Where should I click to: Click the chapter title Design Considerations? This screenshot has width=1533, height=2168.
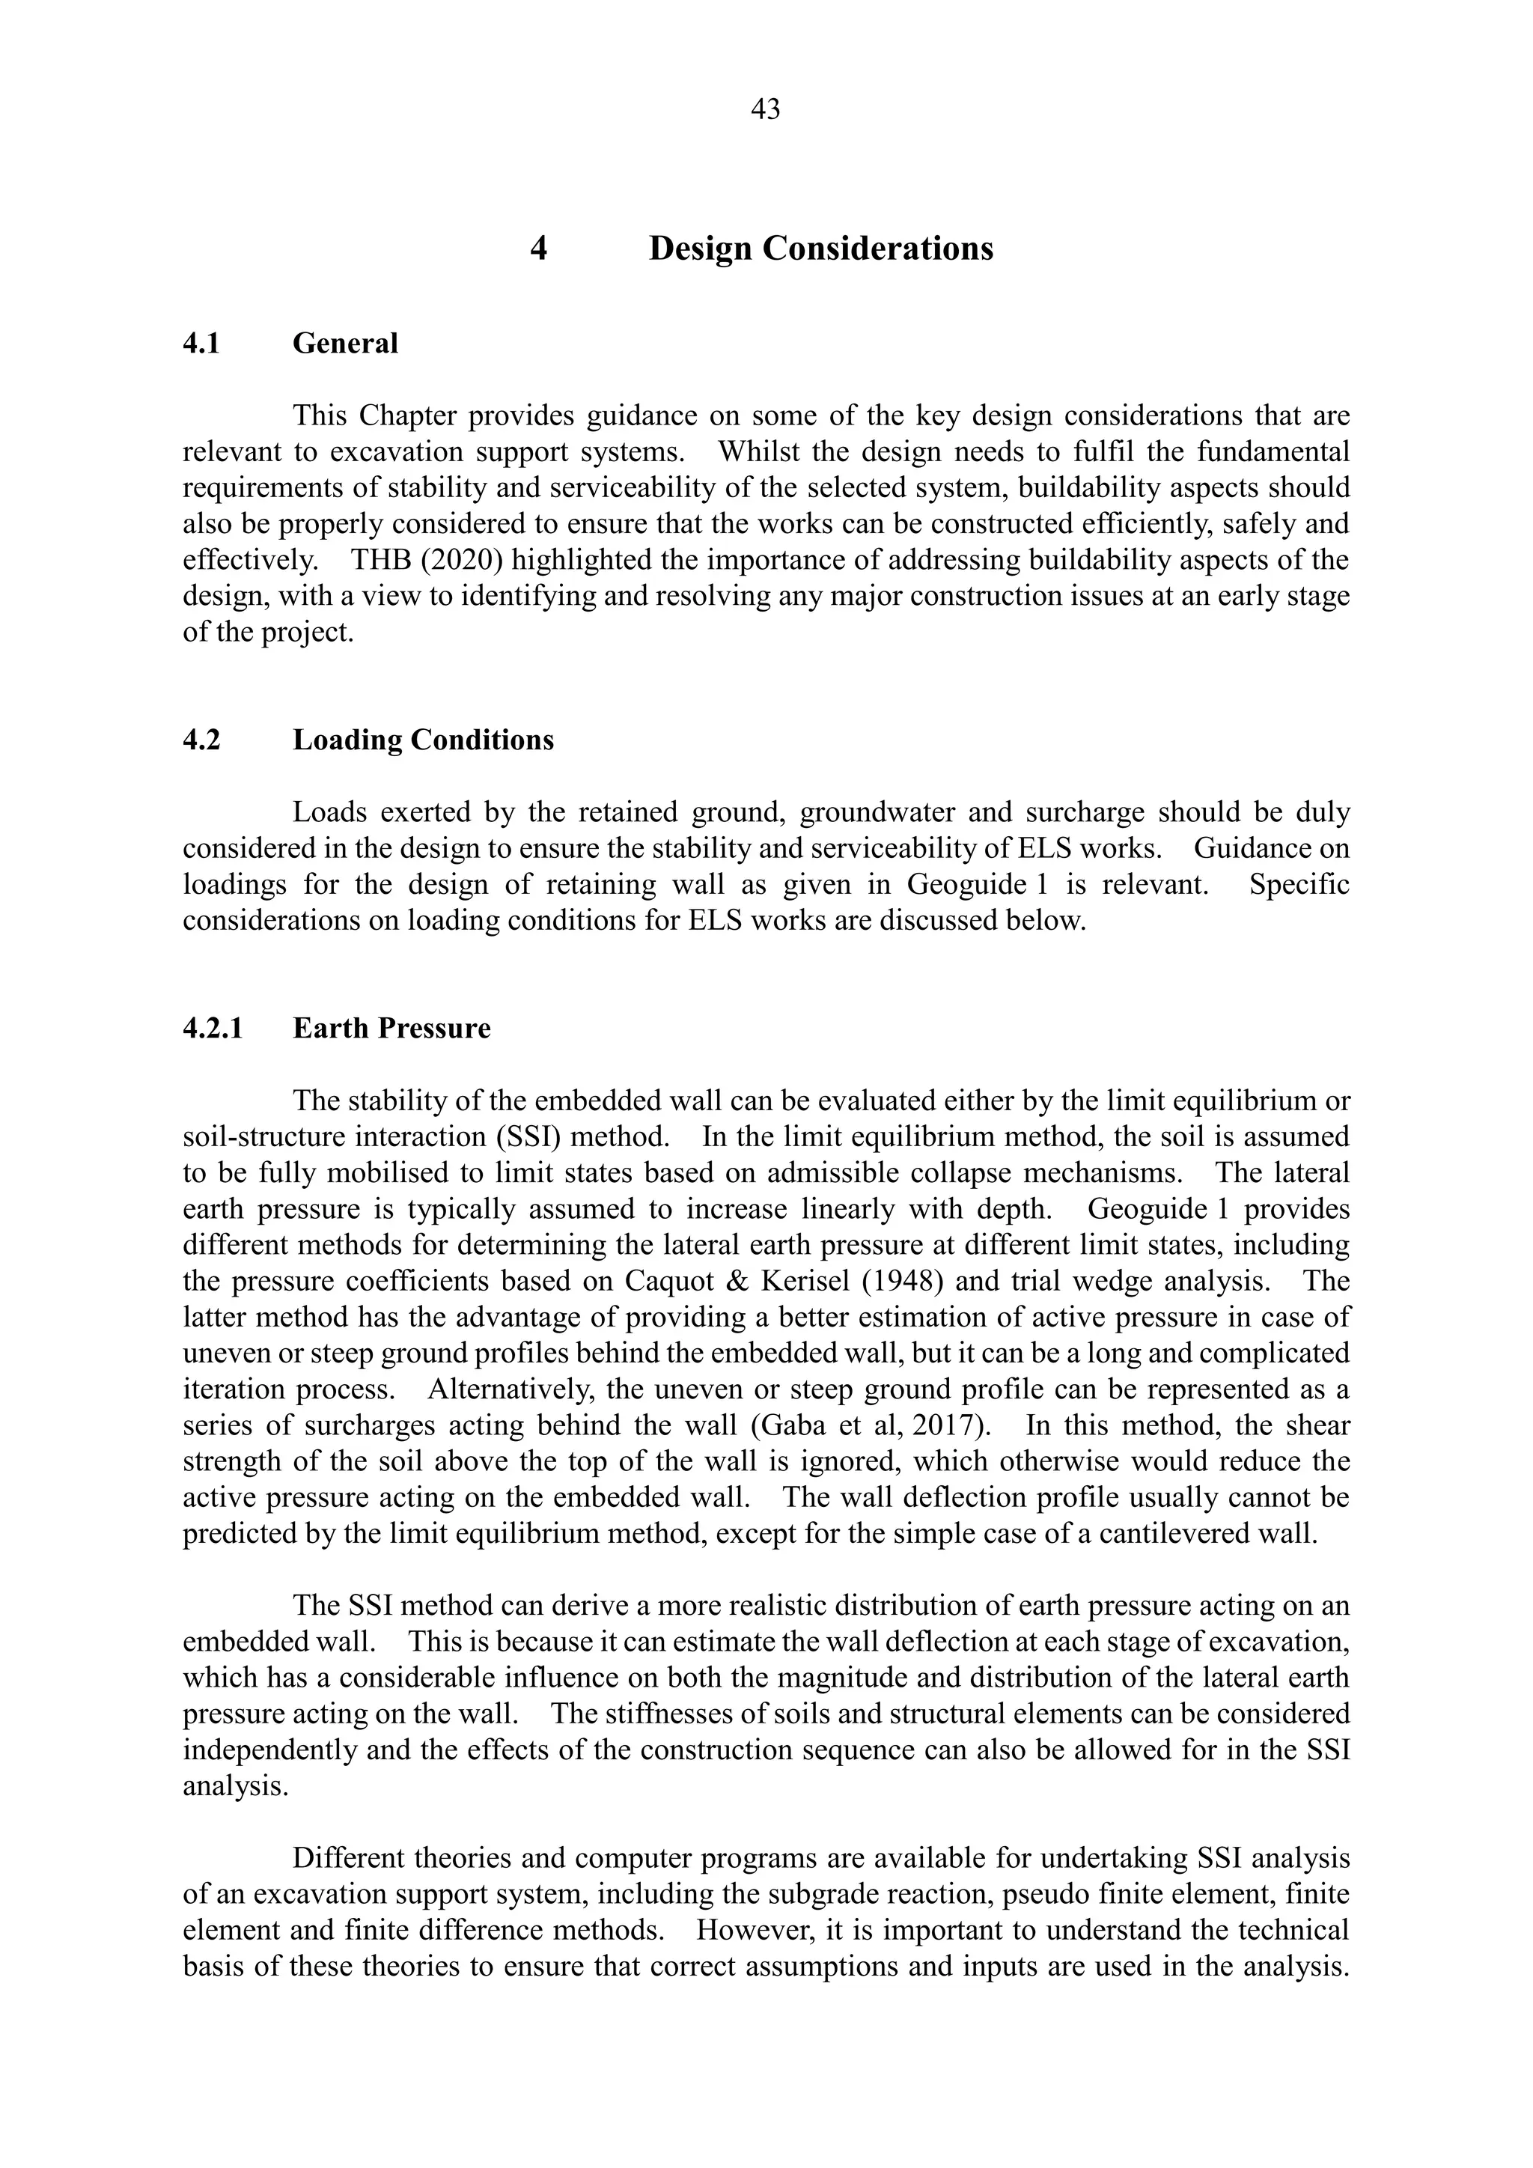pos(820,249)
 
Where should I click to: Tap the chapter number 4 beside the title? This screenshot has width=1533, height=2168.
pos(538,249)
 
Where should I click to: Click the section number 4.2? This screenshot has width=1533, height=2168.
pos(201,740)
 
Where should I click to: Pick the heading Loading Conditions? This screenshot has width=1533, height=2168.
pos(423,740)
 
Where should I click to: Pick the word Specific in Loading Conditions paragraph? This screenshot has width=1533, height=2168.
pos(1298,885)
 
